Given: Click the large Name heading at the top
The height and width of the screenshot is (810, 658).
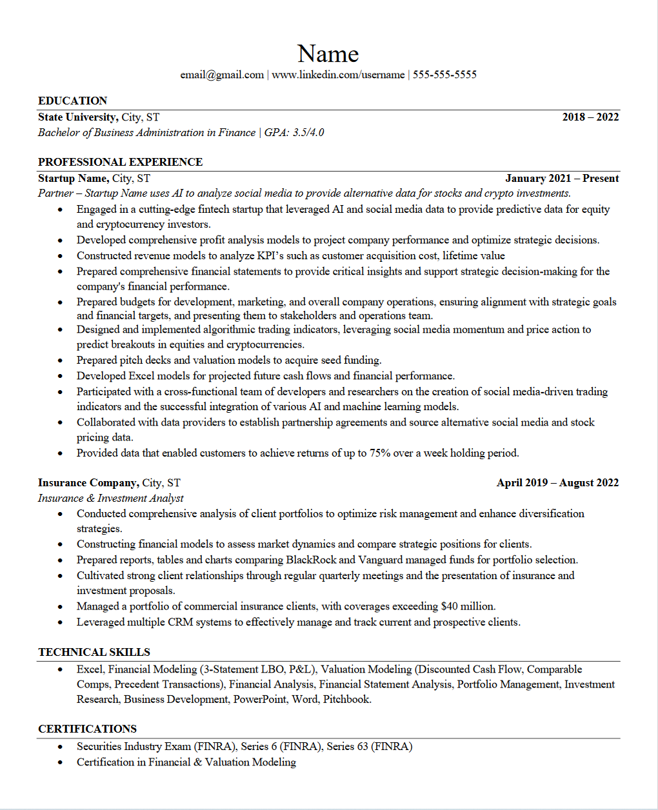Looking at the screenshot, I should (x=328, y=54).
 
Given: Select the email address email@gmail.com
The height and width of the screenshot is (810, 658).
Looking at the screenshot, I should (x=222, y=75).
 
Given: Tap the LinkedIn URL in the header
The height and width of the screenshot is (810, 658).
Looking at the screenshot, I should (x=338, y=75).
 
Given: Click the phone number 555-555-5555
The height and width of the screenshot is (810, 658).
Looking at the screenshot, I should (x=444, y=75).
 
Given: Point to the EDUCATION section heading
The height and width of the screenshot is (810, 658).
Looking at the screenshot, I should (x=72, y=101).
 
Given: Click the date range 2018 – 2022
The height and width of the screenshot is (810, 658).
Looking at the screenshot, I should (x=590, y=117).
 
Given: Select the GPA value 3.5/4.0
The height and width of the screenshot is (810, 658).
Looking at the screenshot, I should (x=308, y=133).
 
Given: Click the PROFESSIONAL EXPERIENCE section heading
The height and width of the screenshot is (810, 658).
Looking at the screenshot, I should (x=120, y=162).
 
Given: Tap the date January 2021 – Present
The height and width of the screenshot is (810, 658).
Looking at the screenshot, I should (x=562, y=179).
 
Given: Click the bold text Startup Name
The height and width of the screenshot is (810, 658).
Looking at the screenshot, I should (x=73, y=179).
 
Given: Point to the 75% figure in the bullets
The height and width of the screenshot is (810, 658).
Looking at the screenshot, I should (x=380, y=453).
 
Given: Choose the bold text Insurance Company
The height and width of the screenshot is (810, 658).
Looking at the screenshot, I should (x=88, y=483).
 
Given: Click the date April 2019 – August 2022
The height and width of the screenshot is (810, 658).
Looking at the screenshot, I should (x=557, y=483).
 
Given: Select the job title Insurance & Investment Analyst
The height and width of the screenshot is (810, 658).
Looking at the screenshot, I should (x=110, y=499).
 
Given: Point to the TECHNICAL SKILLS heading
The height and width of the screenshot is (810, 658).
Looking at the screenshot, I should (x=94, y=652).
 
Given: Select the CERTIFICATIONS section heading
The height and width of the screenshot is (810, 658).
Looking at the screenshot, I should (x=87, y=729).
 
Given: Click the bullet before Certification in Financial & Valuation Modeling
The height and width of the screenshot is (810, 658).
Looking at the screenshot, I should (x=61, y=762).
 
